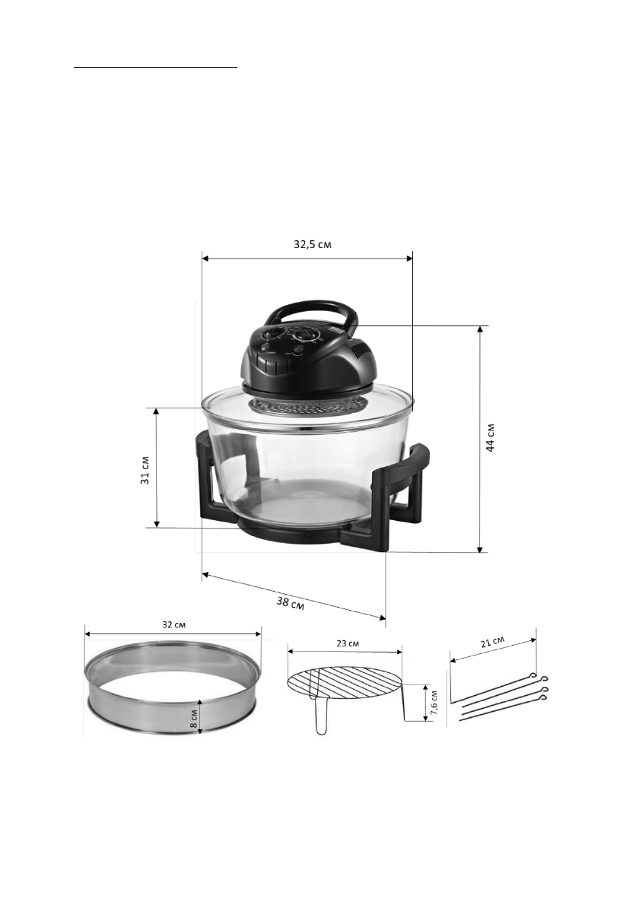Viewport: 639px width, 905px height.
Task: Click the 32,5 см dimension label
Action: (x=313, y=244)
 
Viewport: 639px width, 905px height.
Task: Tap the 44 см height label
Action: (x=490, y=437)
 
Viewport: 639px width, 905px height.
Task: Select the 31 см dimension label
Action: (x=145, y=471)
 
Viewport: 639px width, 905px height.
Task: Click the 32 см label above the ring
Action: (x=173, y=624)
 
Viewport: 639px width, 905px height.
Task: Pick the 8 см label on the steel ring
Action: (x=194, y=717)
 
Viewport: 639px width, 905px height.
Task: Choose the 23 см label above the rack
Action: (x=348, y=643)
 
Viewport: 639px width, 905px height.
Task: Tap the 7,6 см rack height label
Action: (x=434, y=703)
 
